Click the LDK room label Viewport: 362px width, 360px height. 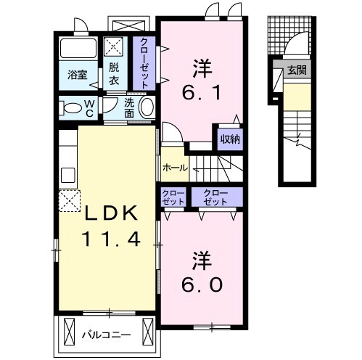[x=111, y=213]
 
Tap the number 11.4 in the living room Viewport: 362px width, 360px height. [x=111, y=239]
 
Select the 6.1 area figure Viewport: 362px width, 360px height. [x=202, y=93]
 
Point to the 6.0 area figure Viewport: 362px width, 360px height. [x=202, y=285]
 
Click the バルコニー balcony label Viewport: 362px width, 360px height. [x=107, y=335]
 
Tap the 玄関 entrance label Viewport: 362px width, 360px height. [x=297, y=70]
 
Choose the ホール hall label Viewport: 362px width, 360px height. [x=175, y=168]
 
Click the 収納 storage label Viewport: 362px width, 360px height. [x=230, y=139]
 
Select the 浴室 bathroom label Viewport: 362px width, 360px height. [x=78, y=75]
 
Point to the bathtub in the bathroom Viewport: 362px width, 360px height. [x=78, y=48]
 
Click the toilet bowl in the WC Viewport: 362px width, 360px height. [x=71, y=108]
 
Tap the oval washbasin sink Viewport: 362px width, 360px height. [x=147, y=107]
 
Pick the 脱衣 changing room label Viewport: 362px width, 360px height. [x=114, y=73]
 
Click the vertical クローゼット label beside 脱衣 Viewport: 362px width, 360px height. [x=144, y=63]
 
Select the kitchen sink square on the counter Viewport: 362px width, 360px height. [x=67, y=176]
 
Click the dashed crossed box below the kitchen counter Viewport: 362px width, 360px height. [x=70, y=201]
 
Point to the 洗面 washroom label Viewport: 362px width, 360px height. [x=129, y=108]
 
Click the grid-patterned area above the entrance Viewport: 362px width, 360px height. [x=289, y=36]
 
